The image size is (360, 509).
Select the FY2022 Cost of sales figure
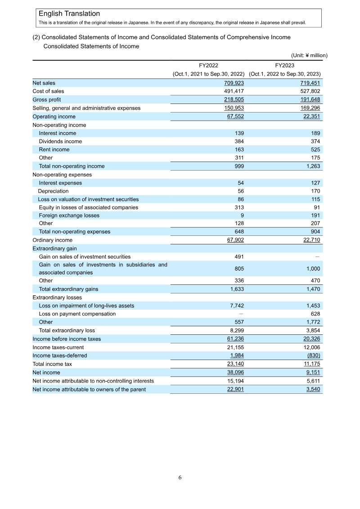[234, 91]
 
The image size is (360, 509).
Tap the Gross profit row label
[46, 99]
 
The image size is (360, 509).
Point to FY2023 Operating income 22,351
[311, 117]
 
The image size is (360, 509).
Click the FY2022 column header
[208, 65]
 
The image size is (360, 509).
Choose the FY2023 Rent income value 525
[314, 149]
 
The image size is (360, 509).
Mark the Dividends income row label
[60, 141]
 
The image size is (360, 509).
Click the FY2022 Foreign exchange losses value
[242, 216]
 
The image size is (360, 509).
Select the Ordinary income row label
[52, 240]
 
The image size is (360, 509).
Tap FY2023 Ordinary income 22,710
[311, 240]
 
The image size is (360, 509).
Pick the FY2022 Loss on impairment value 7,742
[236, 306]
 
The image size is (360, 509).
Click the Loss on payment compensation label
[77, 314]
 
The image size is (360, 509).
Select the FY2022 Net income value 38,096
[234, 373]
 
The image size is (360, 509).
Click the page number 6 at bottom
[180, 477]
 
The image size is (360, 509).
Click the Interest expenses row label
[60, 183]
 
